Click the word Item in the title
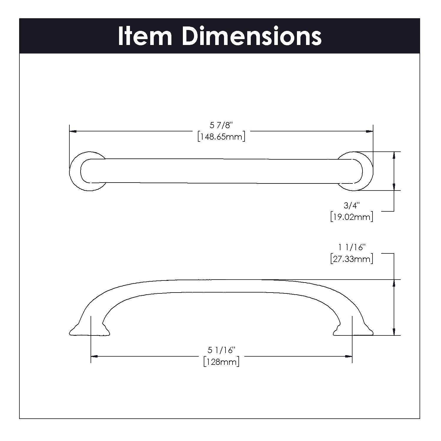pos(145,36)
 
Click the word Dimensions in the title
pos(252,36)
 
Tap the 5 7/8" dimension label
pos(221,126)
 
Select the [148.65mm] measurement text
pos(221,137)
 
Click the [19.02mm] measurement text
pos(352,217)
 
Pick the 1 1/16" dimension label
pos(352,247)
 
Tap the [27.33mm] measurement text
pos(352,259)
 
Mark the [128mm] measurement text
pos(221,362)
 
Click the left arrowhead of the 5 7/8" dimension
pos(73,131)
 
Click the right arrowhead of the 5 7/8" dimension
pos(370,131)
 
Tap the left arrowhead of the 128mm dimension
pos(94,356)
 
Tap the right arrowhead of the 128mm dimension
pos(349,356)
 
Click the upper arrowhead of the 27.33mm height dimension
pos(394,283)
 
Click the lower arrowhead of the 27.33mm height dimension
pos(394,332)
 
